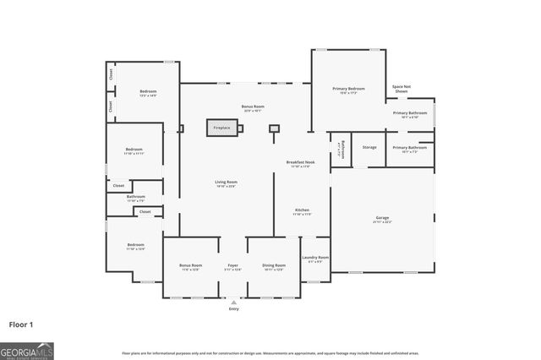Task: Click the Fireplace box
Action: pos(221,128)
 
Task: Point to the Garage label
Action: pos(382,218)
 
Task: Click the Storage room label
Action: pos(369,147)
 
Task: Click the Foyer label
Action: pos(232,265)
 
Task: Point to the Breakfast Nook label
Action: pos(302,162)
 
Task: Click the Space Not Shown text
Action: pos(402,88)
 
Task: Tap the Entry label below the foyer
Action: pos(233,308)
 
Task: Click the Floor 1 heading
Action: pos(22,324)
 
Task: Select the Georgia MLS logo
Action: pos(26,352)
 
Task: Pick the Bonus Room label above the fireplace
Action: pos(254,107)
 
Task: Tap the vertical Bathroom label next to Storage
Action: pos(341,150)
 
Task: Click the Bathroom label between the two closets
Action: pos(136,198)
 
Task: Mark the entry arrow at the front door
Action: pos(233,301)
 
